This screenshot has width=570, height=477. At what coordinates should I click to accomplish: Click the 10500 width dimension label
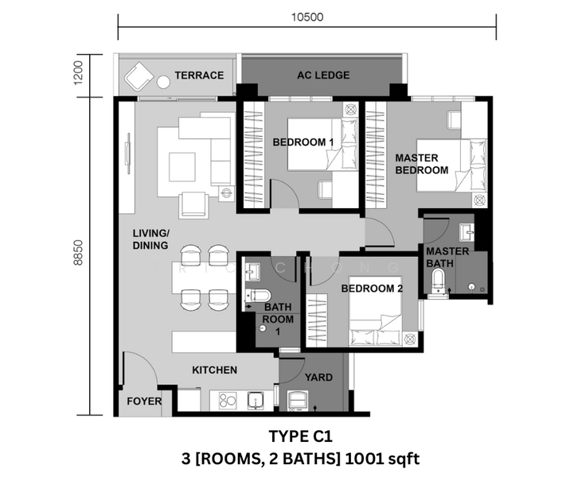click(x=307, y=17)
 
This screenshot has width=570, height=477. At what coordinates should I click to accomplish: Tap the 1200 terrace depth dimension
click(x=78, y=72)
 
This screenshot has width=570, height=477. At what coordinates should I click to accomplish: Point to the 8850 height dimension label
click(x=78, y=253)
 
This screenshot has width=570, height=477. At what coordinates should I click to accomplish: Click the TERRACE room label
click(x=199, y=76)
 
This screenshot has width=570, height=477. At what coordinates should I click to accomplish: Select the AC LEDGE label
click(x=323, y=76)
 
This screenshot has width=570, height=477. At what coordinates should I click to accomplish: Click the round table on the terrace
click(x=163, y=82)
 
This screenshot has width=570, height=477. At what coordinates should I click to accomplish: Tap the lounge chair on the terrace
click(x=139, y=76)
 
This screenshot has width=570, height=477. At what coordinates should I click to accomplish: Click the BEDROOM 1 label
click(x=303, y=142)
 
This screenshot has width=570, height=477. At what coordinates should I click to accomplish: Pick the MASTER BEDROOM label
click(x=422, y=164)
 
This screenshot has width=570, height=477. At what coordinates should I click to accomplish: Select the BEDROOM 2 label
click(x=372, y=289)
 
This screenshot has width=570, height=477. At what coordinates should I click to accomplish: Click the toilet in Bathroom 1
click(x=259, y=295)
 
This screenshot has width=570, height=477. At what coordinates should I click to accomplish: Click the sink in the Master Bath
click(x=467, y=232)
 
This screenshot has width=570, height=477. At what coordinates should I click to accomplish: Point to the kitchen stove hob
click(x=228, y=401)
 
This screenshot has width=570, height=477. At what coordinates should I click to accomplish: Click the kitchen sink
click(x=256, y=401)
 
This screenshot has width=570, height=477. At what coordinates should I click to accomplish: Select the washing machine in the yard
click(x=298, y=401)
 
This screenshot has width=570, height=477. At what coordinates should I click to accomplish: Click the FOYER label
click(x=144, y=401)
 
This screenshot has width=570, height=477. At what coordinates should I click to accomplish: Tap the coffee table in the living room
click(x=182, y=167)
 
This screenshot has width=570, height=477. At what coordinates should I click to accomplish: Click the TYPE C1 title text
click(x=300, y=436)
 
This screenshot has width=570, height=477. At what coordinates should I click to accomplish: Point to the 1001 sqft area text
click(x=382, y=459)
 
